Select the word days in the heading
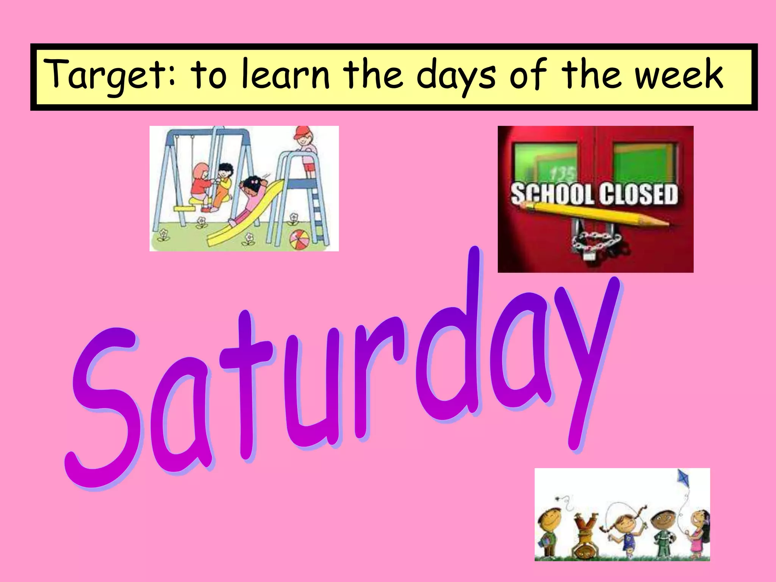(x=456, y=76)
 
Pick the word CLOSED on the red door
(x=638, y=194)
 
